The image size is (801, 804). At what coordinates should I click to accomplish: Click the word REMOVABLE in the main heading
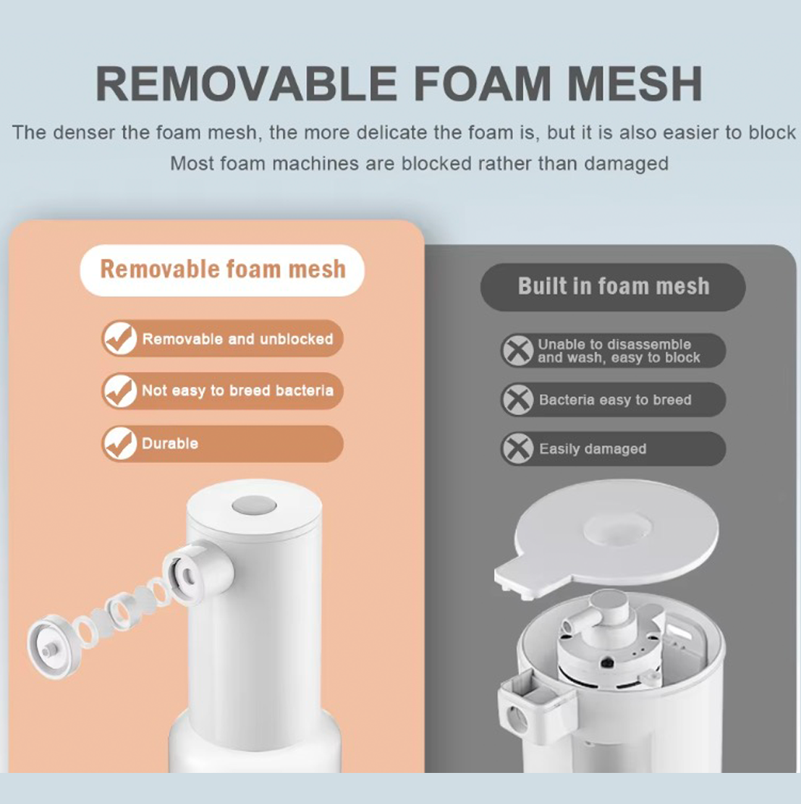pyautogui.click(x=246, y=83)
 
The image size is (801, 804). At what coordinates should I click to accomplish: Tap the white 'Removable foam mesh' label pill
pyautogui.click(x=222, y=270)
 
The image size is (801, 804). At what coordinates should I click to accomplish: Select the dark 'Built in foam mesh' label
pyautogui.click(x=613, y=286)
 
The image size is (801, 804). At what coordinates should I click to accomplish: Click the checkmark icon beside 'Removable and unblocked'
pyautogui.click(x=120, y=339)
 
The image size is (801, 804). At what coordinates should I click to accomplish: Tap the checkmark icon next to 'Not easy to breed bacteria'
pyautogui.click(x=120, y=391)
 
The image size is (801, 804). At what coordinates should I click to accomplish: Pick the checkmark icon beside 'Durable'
pyautogui.click(x=120, y=444)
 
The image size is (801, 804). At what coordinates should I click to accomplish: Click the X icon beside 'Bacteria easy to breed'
pyautogui.click(x=518, y=400)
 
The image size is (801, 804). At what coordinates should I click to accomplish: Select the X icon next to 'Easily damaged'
pyautogui.click(x=518, y=449)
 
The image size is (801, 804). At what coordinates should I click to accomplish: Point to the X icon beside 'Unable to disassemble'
pyautogui.click(x=518, y=351)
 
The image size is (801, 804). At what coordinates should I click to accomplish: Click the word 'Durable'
pyautogui.click(x=170, y=444)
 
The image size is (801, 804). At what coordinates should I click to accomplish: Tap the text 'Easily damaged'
pyautogui.click(x=593, y=449)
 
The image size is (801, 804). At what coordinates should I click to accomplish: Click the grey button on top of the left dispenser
pyautogui.click(x=253, y=505)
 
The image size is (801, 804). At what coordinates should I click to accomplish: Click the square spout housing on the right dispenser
pyautogui.click(x=533, y=708)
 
